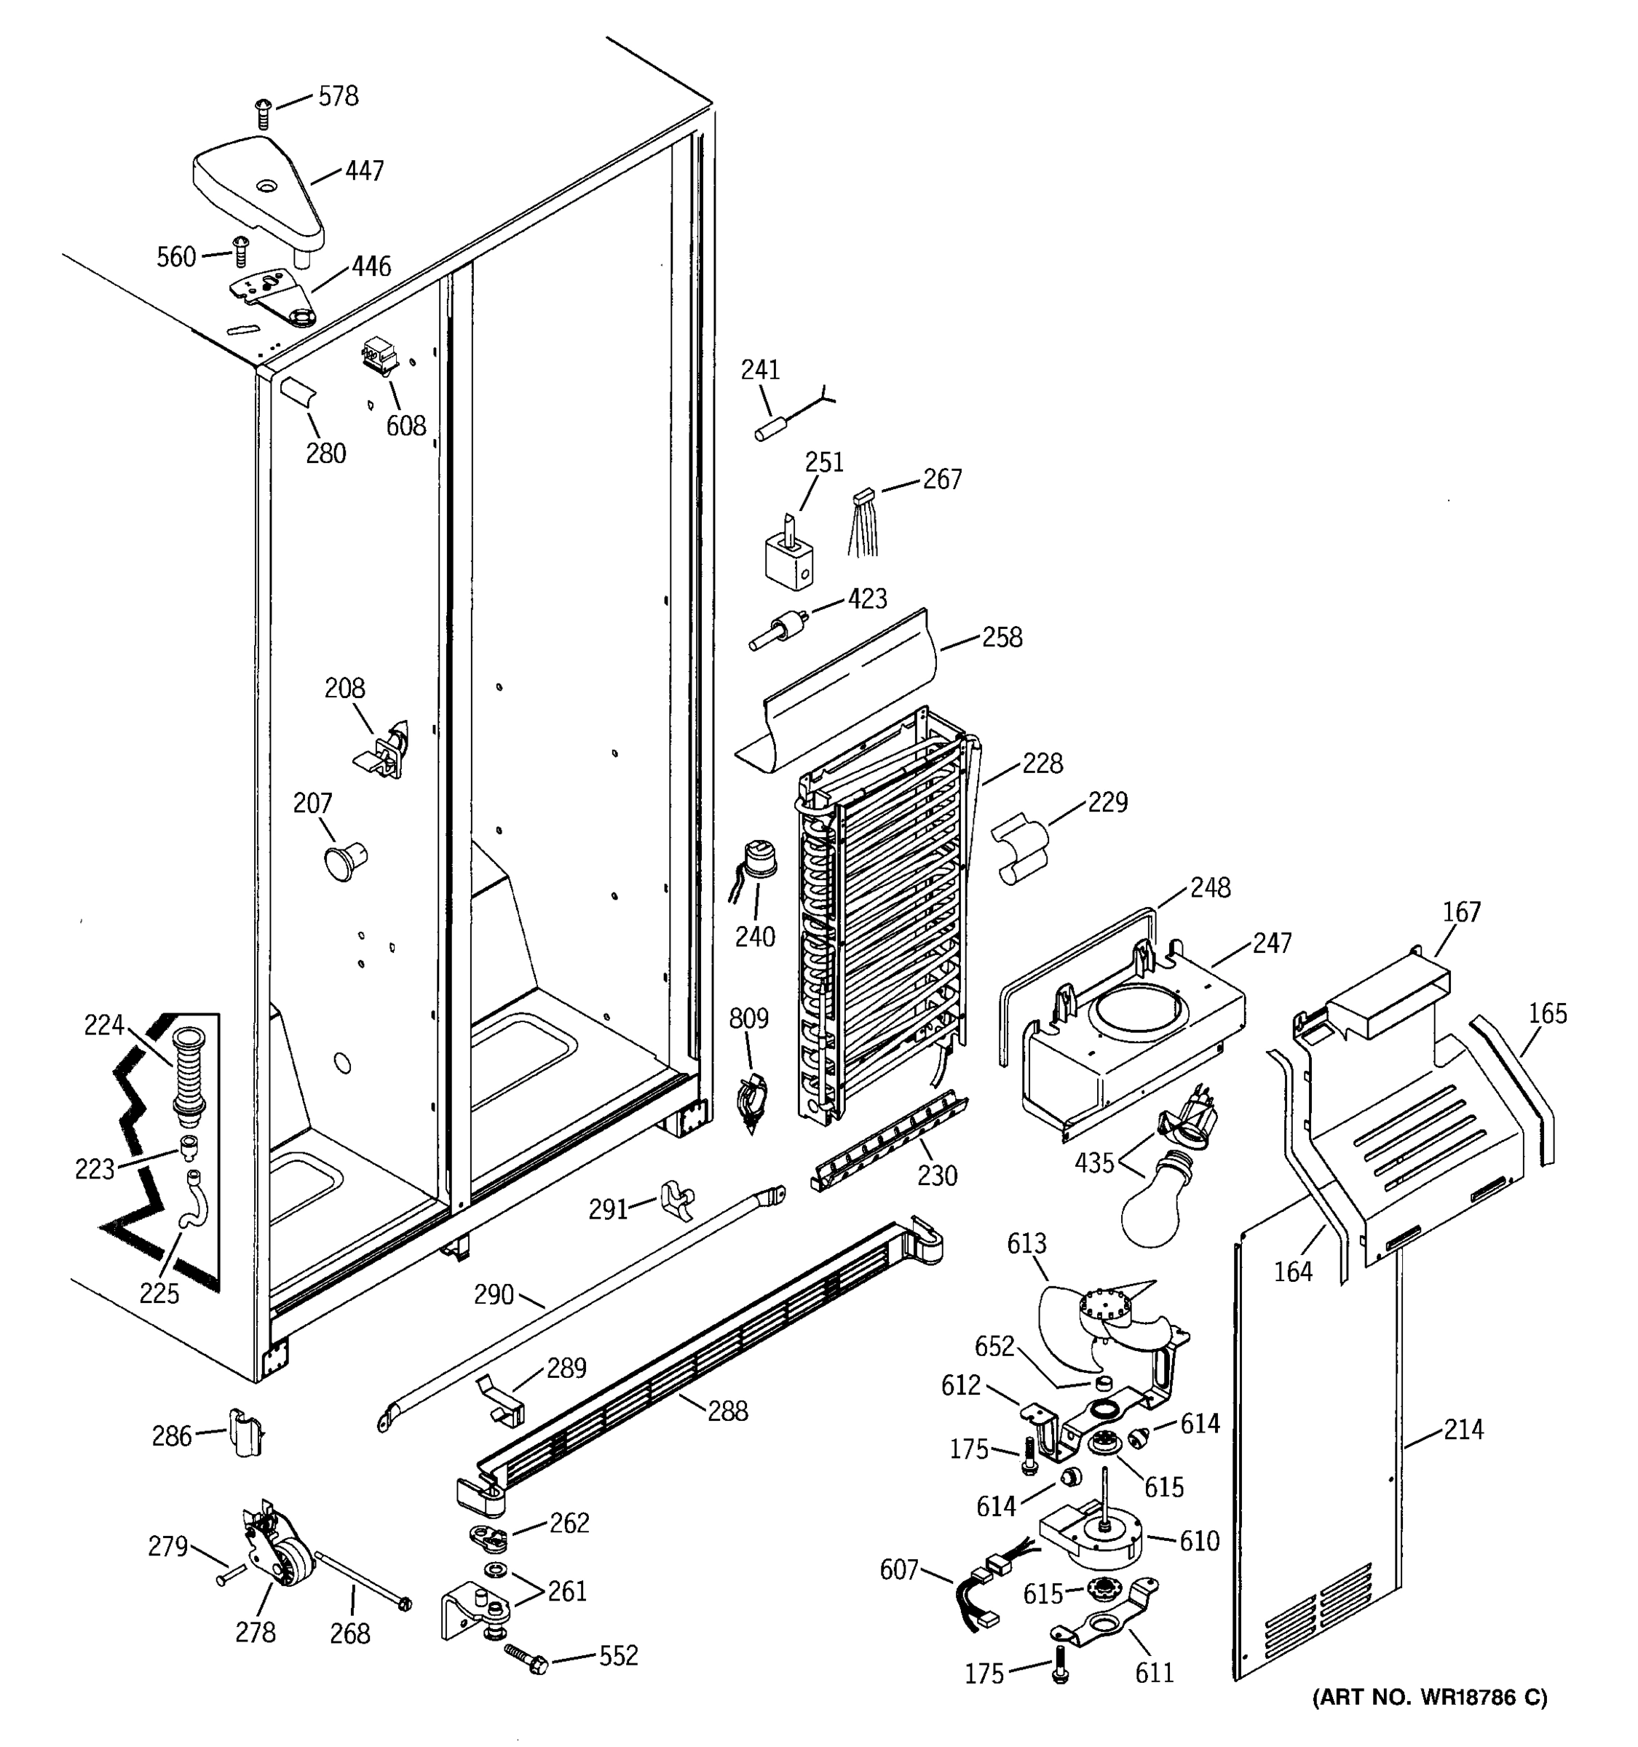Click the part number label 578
point(339,96)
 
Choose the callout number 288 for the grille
point(727,1411)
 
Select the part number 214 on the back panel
point(1463,1430)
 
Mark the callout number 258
point(1002,637)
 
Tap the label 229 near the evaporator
point(1107,801)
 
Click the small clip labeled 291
point(676,1200)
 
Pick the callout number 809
point(748,1018)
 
